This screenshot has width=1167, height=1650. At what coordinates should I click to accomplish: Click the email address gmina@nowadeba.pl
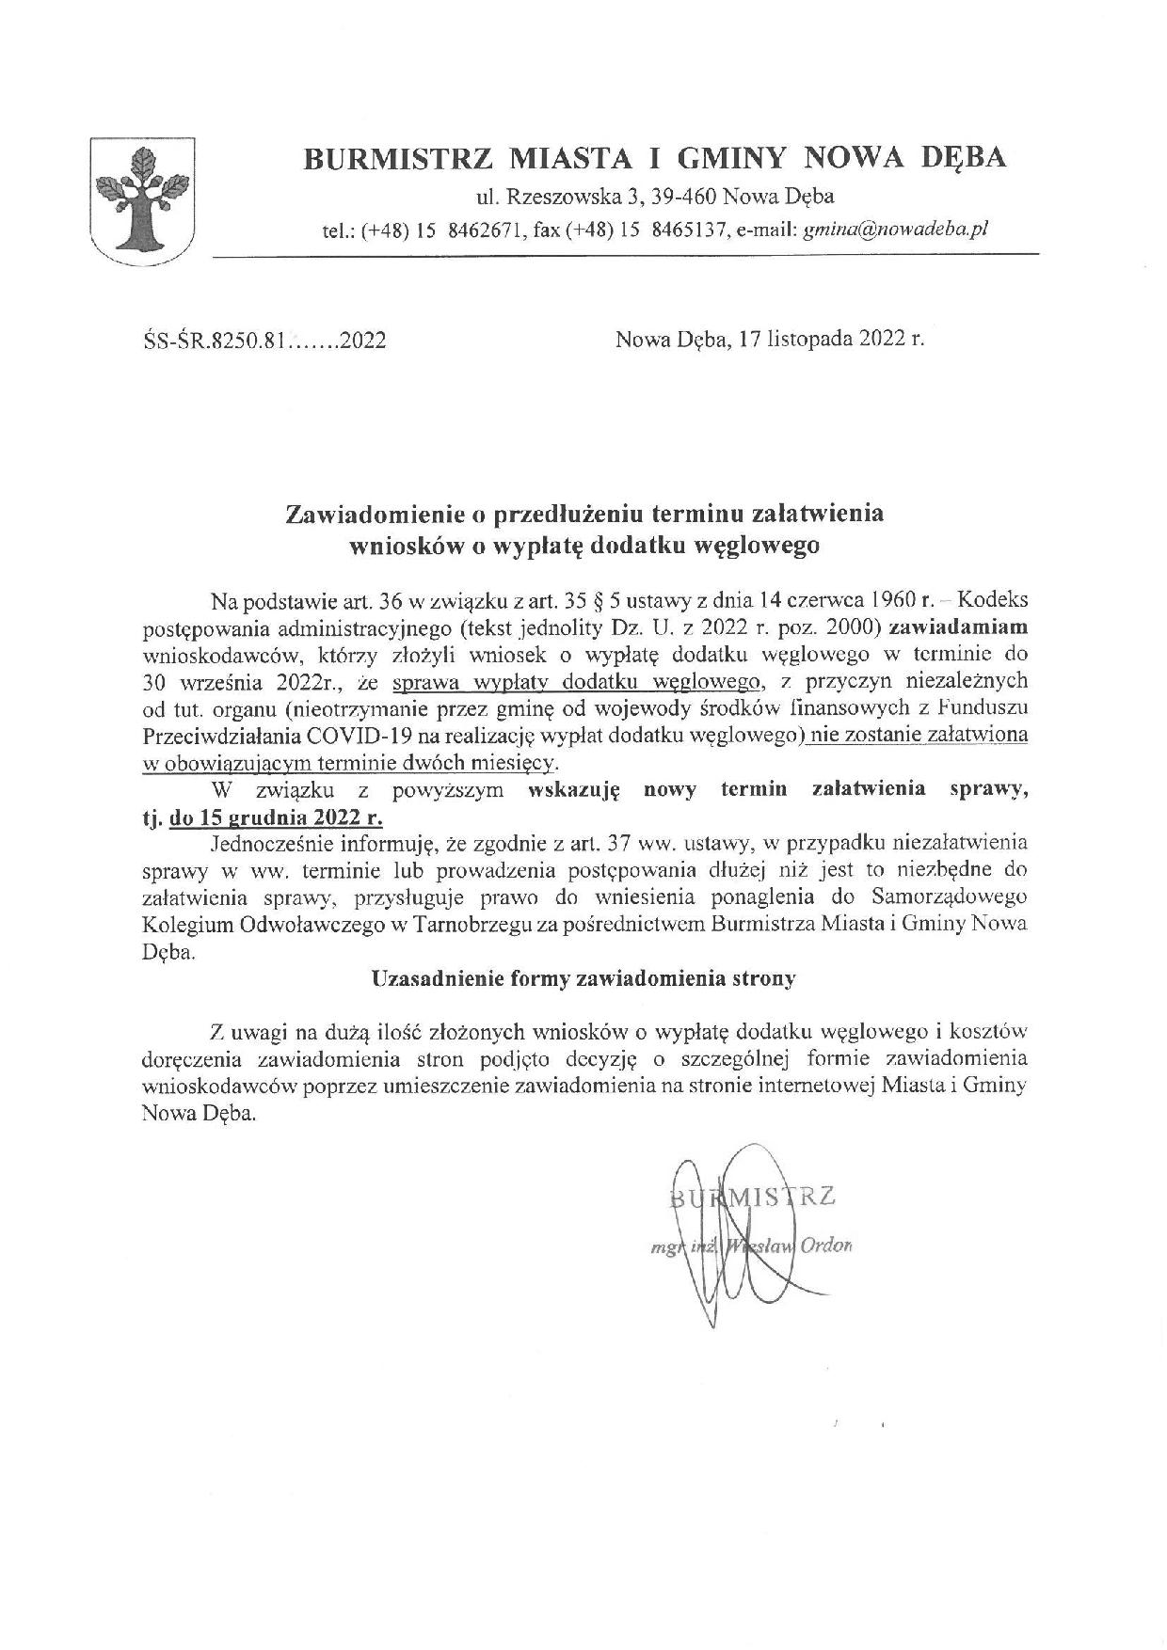(x=895, y=229)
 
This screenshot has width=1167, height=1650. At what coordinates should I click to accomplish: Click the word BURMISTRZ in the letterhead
(x=395, y=158)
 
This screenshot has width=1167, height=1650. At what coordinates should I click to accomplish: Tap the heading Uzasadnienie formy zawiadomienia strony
(x=583, y=977)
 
